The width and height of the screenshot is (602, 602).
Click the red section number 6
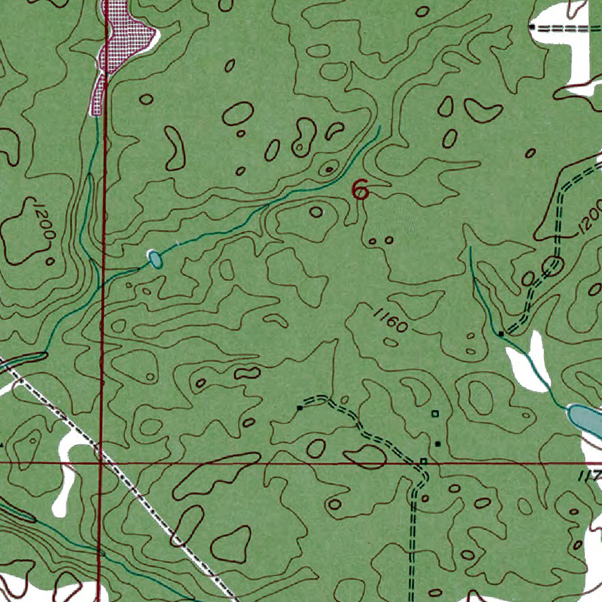point(360,190)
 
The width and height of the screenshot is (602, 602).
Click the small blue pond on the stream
point(155,259)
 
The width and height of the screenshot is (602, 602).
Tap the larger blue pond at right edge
point(585,419)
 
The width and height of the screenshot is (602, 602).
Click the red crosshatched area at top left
point(121,35)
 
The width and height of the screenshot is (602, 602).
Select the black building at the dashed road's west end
point(300,407)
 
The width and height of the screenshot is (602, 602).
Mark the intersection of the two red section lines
point(101,463)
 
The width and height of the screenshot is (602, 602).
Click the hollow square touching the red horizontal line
point(423,461)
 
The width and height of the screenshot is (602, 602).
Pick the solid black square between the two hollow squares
point(437,443)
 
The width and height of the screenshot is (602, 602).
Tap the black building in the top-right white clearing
point(531,27)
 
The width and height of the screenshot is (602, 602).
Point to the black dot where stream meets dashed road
point(501,334)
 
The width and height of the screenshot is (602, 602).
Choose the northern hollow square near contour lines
point(435,414)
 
